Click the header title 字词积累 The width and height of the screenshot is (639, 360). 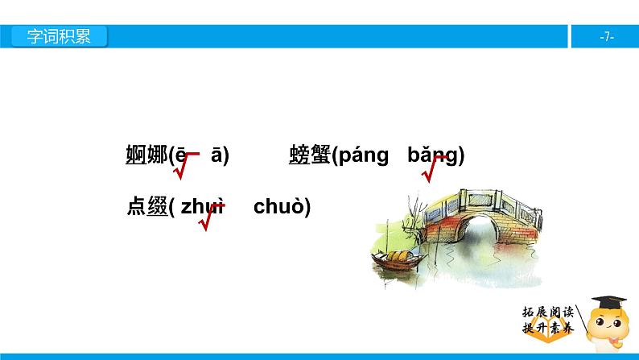coord(59,37)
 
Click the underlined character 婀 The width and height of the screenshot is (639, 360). coord(135,155)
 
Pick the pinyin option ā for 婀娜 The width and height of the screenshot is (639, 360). coord(217,155)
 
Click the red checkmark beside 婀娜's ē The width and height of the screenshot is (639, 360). coord(184,164)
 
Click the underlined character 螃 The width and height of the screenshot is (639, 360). coord(299,155)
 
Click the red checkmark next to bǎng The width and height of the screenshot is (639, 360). coord(438,167)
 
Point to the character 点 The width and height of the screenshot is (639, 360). coord(135,207)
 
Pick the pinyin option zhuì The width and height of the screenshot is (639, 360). coord(202,207)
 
